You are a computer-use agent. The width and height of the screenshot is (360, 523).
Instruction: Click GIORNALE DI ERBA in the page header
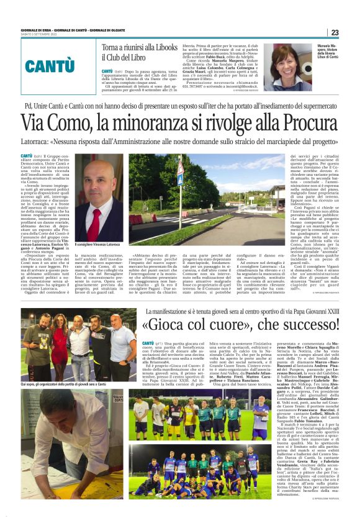pyautogui.click(x=33, y=30)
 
